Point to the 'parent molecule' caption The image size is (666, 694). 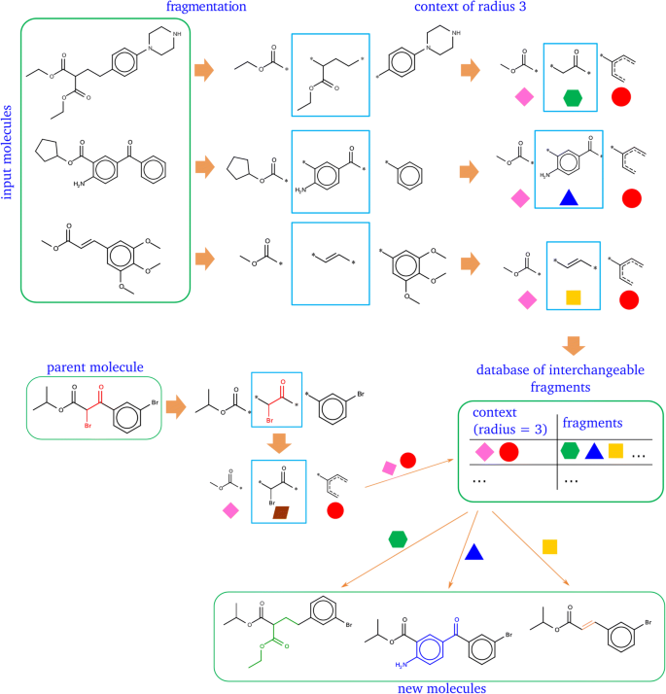tap(94, 366)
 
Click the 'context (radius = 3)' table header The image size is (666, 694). tap(506, 423)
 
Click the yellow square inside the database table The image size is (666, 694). tap(614, 450)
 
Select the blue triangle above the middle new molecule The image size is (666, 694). tap(473, 552)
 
